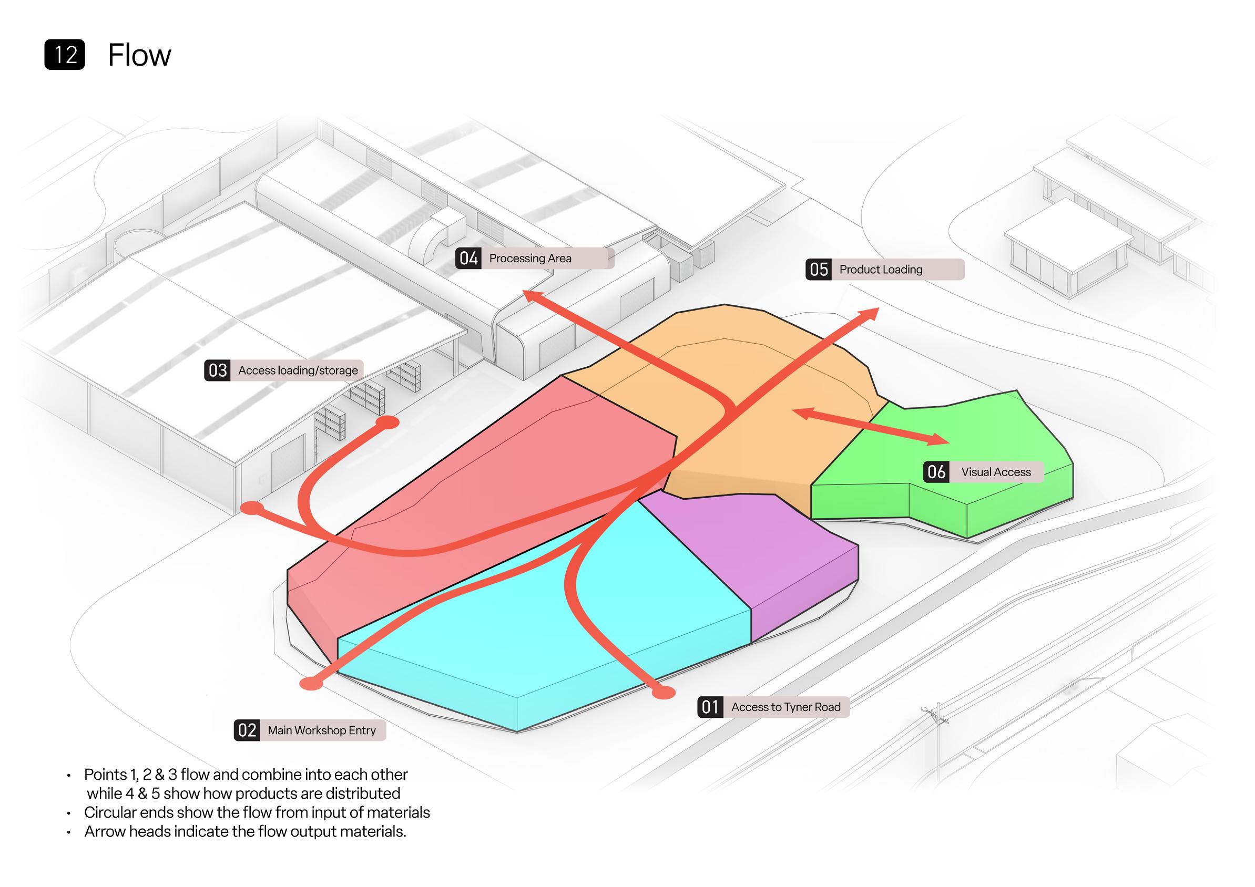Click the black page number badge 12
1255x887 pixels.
click(65, 55)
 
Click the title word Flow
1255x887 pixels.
click(139, 55)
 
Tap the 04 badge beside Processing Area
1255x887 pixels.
click(468, 259)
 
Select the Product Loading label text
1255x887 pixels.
click(881, 269)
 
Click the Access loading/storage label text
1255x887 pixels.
click(298, 370)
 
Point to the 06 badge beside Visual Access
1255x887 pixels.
click(936, 472)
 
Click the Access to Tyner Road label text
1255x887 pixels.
click(785, 707)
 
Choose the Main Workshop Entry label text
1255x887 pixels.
click(321, 730)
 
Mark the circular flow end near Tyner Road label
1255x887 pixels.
click(664, 693)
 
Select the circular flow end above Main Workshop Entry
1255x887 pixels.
click(312, 683)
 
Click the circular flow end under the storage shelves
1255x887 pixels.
click(387, 423)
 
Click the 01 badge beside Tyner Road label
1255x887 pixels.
click(709, 707)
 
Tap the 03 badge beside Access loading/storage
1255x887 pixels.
click(218, 370)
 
